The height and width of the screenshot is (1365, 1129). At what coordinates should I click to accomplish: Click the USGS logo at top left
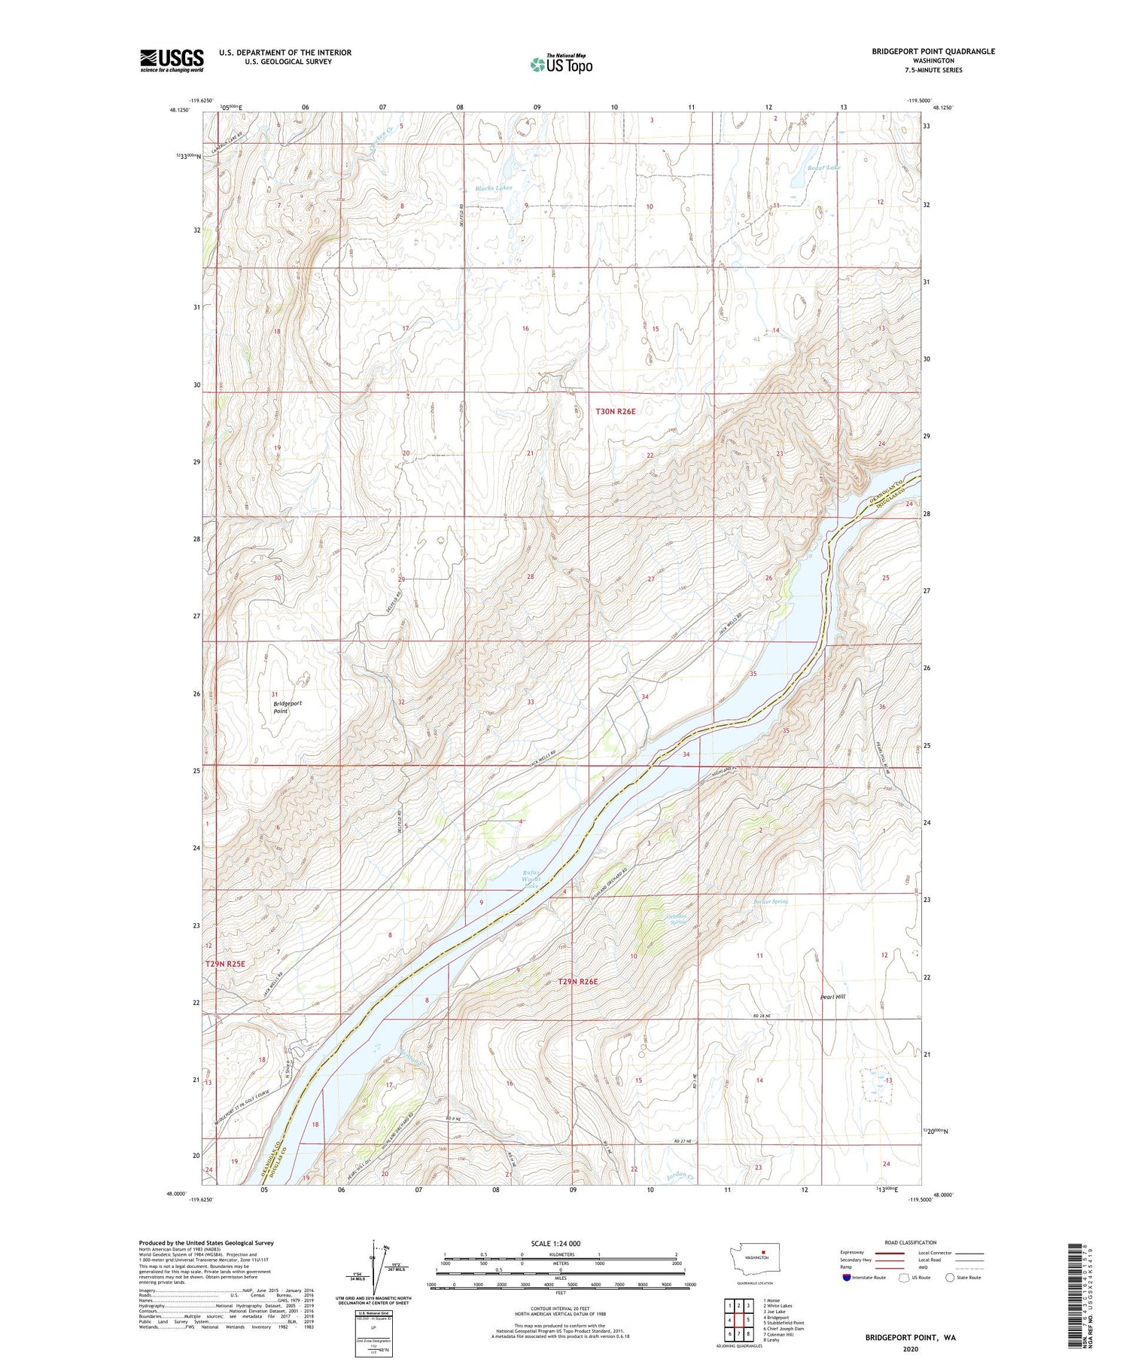click(x=172, y=60)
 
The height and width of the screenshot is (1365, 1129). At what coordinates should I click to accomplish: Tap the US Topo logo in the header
click(x=561, y=64)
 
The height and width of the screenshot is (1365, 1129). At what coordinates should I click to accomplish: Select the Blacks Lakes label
click(x=493, y=187)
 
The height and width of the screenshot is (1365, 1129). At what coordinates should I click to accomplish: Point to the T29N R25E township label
click(x=225, y=964)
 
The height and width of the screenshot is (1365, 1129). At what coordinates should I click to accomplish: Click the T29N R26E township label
click(x=578, y=982)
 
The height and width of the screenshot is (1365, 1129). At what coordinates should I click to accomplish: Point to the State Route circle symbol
click(x=950, y=1278)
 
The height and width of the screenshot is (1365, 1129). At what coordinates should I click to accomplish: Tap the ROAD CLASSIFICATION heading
click(x=910, y=1242)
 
